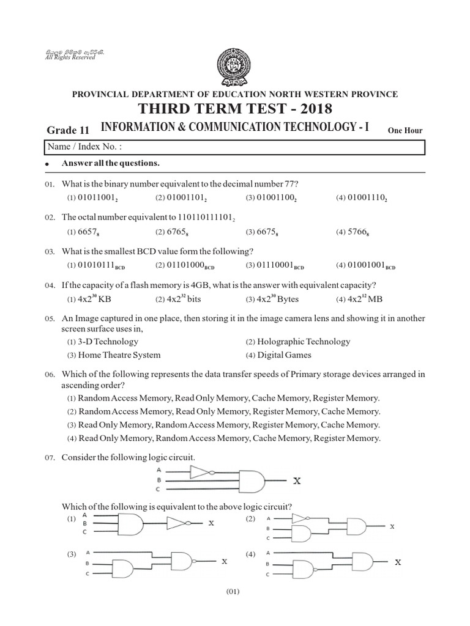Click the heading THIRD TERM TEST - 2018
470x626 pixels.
[x=235, y=109]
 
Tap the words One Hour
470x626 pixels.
[x=405, y=130]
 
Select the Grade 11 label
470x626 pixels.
[x=68, y=130]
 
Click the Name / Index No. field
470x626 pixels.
[x=235, y=147]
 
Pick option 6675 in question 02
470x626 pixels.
[x=264, y=232]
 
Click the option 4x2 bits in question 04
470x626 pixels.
[x=181, y=300]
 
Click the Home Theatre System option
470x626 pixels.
[x=114, y=355]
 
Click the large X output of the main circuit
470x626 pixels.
[x=297, y=482]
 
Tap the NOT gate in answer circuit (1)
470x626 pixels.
[x=178, y=523]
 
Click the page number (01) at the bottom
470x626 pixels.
[x=235, y=591]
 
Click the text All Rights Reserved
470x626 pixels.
[x=70, y=57]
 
